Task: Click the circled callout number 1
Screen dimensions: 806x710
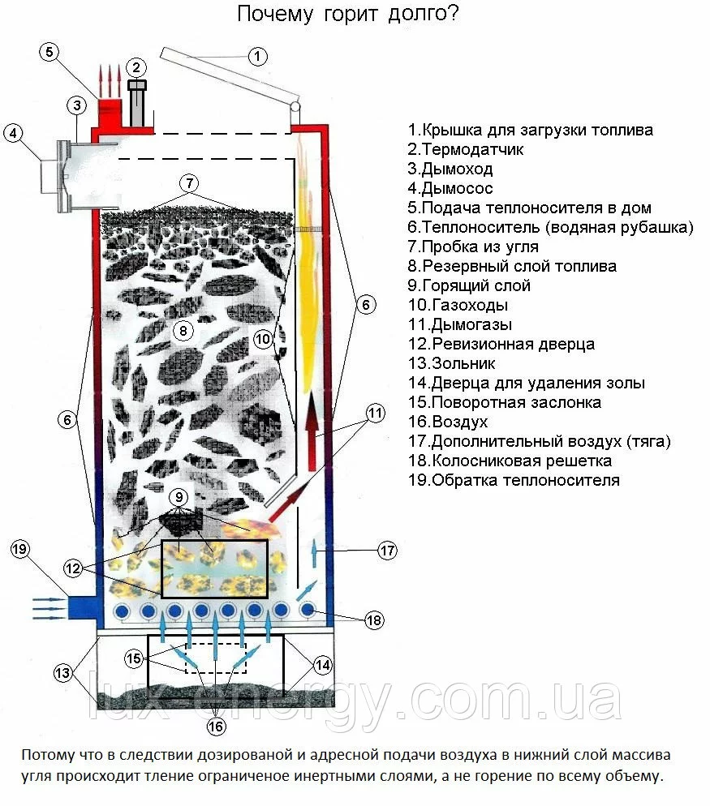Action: pos(257,56)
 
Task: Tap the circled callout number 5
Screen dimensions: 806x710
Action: pos(49,52)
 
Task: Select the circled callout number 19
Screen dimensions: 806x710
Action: pos(20,550)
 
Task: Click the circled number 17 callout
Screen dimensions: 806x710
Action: pos(388,551)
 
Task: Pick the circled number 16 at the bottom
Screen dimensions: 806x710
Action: pos(216,727)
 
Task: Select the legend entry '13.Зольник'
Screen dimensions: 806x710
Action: pos(452,363)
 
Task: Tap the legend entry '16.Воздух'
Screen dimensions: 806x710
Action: pos(448,422)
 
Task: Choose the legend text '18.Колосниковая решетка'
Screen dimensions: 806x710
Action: pos(510,461)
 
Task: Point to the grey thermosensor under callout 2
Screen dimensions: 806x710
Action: pos(137,101)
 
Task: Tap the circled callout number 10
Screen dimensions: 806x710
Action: pos(261,340)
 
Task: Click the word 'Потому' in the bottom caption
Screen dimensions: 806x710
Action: pos(47,755)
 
